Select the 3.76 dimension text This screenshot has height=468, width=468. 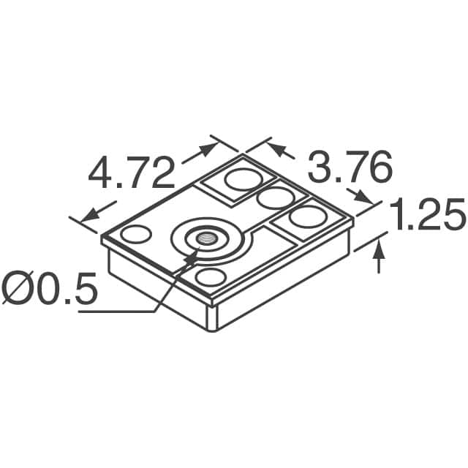(x=349, y=170)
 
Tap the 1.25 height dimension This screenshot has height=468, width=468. (x=428, y=216)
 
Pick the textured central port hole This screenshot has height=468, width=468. (x=201, y=238)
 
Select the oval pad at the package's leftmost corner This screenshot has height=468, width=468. (x=135, y=235)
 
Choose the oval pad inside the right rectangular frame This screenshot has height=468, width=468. (x=307, y=217)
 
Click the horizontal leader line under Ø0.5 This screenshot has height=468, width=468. (x=117, y=312)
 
